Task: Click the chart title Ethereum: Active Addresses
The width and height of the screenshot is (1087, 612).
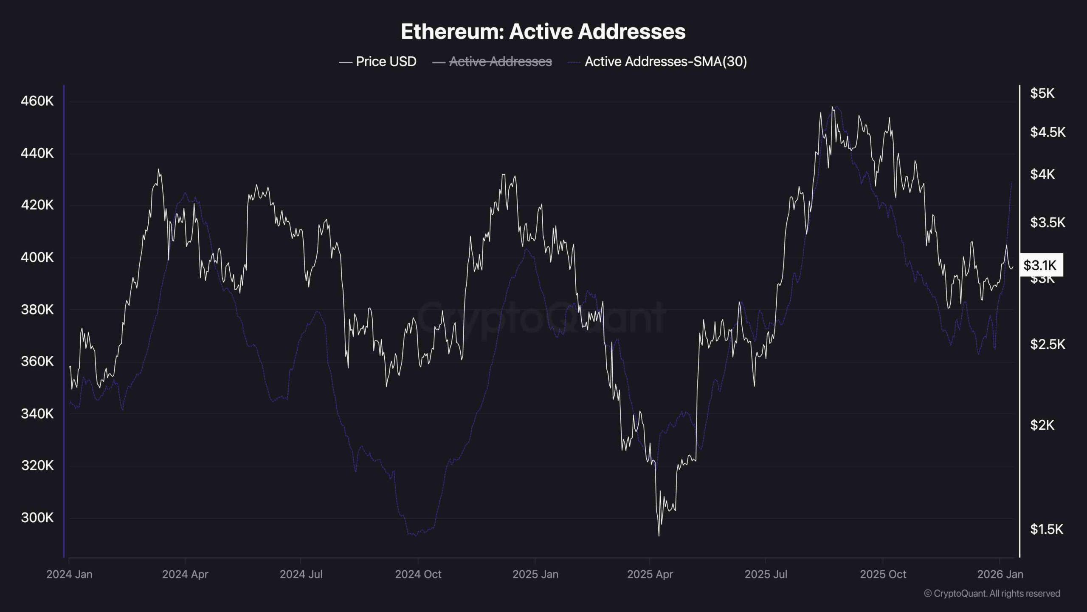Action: (543, 31)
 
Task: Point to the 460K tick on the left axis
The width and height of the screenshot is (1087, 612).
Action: (37, 101)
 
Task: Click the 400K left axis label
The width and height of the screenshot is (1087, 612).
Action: (37, 257)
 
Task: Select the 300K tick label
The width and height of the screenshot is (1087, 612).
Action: (37, 518)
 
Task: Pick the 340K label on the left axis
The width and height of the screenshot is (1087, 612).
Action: (37, 414)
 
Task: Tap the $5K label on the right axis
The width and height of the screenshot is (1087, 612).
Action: (1042, 93)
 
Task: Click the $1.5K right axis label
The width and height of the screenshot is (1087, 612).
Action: (1047, 529)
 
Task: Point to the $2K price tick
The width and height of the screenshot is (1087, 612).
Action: (1042, 425)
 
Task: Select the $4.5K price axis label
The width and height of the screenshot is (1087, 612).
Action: (1048, 132)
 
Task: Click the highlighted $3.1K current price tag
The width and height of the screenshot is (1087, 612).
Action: (1040, 265)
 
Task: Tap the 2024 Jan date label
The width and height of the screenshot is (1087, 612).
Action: (69, 574)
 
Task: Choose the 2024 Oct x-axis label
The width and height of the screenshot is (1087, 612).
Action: (418, 574)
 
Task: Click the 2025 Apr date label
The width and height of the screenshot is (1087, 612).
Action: (650, 574)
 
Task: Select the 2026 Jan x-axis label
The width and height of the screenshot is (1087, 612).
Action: (1000, 574)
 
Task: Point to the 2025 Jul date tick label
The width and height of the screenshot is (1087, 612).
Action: (766, 574)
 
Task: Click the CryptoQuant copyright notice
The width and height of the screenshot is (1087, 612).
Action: (992, 594)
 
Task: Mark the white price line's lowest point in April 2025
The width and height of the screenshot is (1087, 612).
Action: (659, 535)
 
